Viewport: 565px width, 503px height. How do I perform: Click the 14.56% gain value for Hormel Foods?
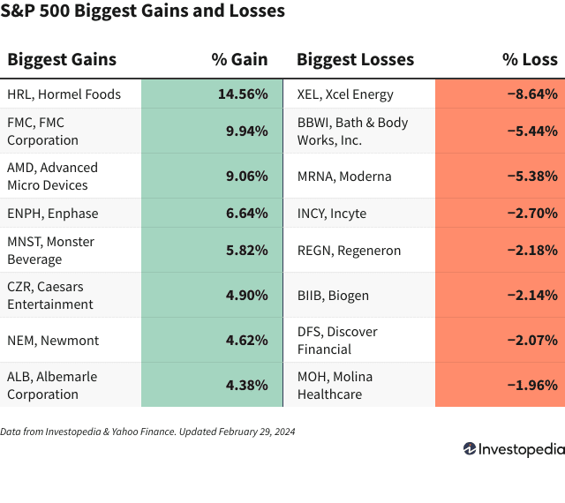click(x=243, y=94)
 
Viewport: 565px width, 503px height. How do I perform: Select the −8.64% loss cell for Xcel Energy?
click(x=532, y=94)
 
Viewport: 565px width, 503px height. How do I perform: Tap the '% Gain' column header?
click(x=239, y=59)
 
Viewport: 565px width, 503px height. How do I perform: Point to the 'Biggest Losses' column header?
click(x=355, y=60)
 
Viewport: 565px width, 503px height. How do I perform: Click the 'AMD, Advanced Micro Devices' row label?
click(x=53, y=176)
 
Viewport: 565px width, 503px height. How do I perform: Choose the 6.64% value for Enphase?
click(x=247, y=213)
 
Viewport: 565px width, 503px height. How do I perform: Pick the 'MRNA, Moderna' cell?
click(x=344, y=176)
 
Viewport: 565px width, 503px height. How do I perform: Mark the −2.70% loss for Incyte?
click(x=532, y=213)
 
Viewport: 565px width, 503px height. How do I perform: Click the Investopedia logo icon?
click(x=470, y=448)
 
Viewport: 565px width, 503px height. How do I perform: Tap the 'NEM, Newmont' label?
click(x=53, y=341)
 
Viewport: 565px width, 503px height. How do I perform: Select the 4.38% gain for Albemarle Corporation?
click(x=247, y=385)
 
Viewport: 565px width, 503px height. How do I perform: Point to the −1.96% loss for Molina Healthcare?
click(x=532, y=385)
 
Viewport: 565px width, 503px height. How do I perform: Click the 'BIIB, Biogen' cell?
click(x=333, y=296)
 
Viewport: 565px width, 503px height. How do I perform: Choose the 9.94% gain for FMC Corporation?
click(x=247, y=131)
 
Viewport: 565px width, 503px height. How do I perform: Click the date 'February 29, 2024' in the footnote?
click(x=257, y=432)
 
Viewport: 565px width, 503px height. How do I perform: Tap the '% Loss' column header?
click(x=530, y=59)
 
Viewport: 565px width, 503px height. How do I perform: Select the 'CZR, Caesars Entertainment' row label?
click(x=50, y=296)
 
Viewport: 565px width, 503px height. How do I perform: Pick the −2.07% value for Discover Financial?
click(x=532, y=340)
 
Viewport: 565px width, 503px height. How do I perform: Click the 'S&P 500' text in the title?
click(x=35, y=11)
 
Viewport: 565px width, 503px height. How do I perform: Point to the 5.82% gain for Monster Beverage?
click(x=247, y=250)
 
